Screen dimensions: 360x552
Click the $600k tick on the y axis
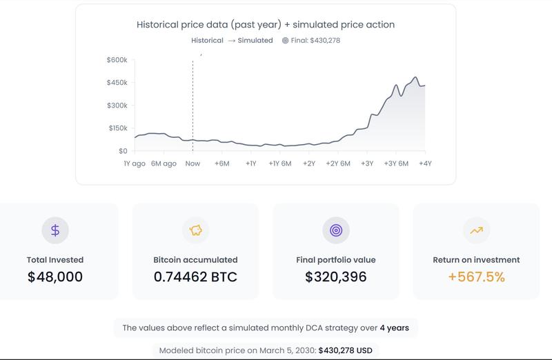click(117, 60)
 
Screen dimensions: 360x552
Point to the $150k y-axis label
click(117, 128)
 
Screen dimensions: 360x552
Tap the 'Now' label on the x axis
click(193, 163)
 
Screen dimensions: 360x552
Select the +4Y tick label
click(425, 163)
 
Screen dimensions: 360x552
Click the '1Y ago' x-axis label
click(134, 163)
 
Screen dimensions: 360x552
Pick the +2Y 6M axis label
click(338, 163)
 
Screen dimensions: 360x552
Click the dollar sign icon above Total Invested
click(55, 230)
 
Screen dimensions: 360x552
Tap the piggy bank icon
click(195, 230)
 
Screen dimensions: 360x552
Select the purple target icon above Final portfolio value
click(336, 230)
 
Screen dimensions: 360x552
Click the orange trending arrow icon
click(476, 230)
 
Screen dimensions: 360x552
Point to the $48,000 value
click(55, 277)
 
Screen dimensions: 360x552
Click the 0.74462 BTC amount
click(195, 277)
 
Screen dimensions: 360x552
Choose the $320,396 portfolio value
click(336, 277)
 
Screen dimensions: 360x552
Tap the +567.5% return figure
click(476, 277)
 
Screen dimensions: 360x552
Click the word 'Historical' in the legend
click(207, 40)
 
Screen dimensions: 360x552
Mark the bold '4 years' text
click(394, 328)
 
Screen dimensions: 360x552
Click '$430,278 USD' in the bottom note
click(345, 350)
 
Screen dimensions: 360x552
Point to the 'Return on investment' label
click(476, 260)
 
